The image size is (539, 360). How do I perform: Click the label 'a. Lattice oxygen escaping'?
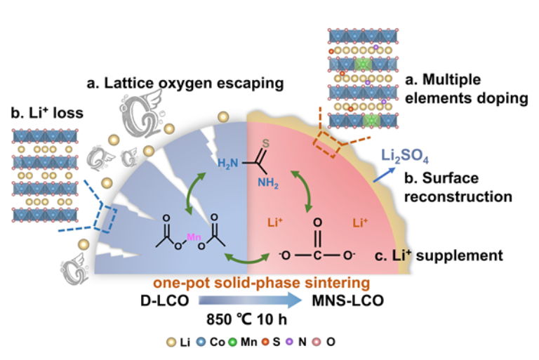tap(184, 84)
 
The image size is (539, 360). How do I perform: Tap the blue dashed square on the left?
tap(102, 217)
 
